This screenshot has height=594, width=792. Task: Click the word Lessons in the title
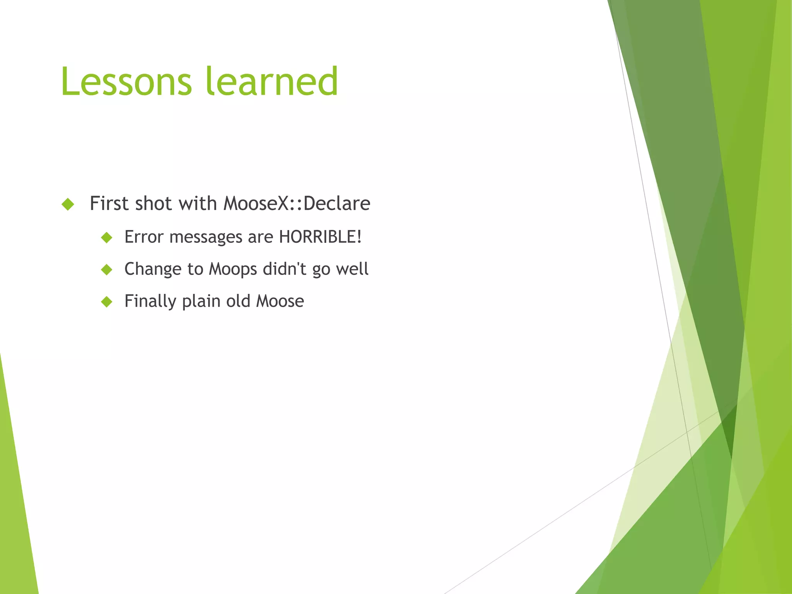[126, 82]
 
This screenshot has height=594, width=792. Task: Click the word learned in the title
[272, 82]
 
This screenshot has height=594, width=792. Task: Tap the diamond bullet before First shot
[68, 204]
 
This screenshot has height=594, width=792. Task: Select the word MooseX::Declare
[297, 203]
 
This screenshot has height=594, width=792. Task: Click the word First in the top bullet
[109, 203]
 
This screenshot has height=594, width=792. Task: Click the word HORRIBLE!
[320, 237]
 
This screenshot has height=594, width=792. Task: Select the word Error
[144, 237]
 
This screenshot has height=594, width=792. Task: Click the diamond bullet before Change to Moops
[106, 270]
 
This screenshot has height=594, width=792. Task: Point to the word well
[352, 269]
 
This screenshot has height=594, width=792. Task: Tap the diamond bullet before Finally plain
[106, 302]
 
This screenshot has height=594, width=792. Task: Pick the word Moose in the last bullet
[280, 301]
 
